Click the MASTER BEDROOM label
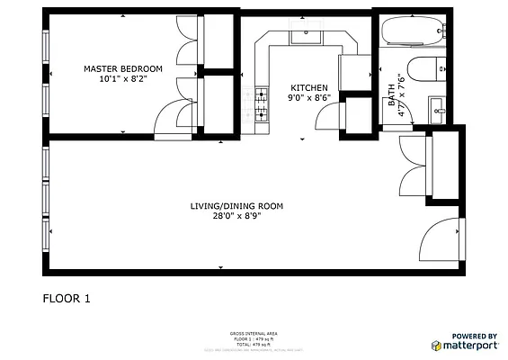pos(123,68)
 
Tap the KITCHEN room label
pos(302,87)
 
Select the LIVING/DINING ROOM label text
pos(236,206)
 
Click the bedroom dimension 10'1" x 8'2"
pos(123,79)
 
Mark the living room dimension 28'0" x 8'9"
pos(236,217)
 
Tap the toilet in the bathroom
pos(425,68)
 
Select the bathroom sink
pos(438,108)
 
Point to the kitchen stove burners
pos(262,103)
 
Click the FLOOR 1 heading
pos(67,298)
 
